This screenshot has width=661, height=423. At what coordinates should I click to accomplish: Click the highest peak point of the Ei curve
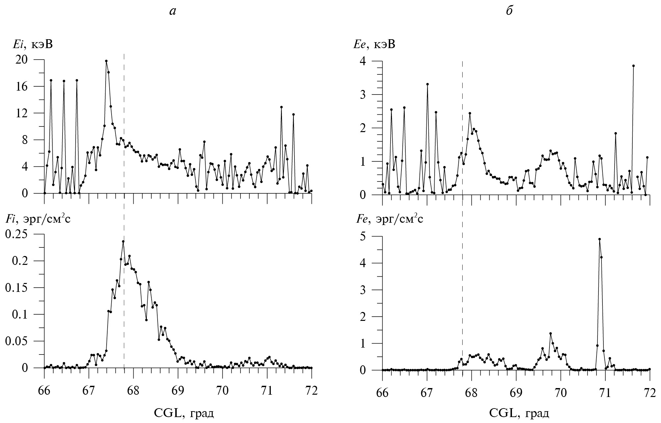(106, 61)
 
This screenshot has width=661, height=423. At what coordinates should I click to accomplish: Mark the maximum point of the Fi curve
(123, 241)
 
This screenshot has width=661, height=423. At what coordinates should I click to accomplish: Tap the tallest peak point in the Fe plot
(599, 239)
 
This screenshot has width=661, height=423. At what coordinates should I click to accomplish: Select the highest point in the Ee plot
(633, 66)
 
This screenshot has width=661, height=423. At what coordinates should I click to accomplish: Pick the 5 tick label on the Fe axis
(371, 236)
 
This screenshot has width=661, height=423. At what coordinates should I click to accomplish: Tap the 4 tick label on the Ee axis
(371, 61)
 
